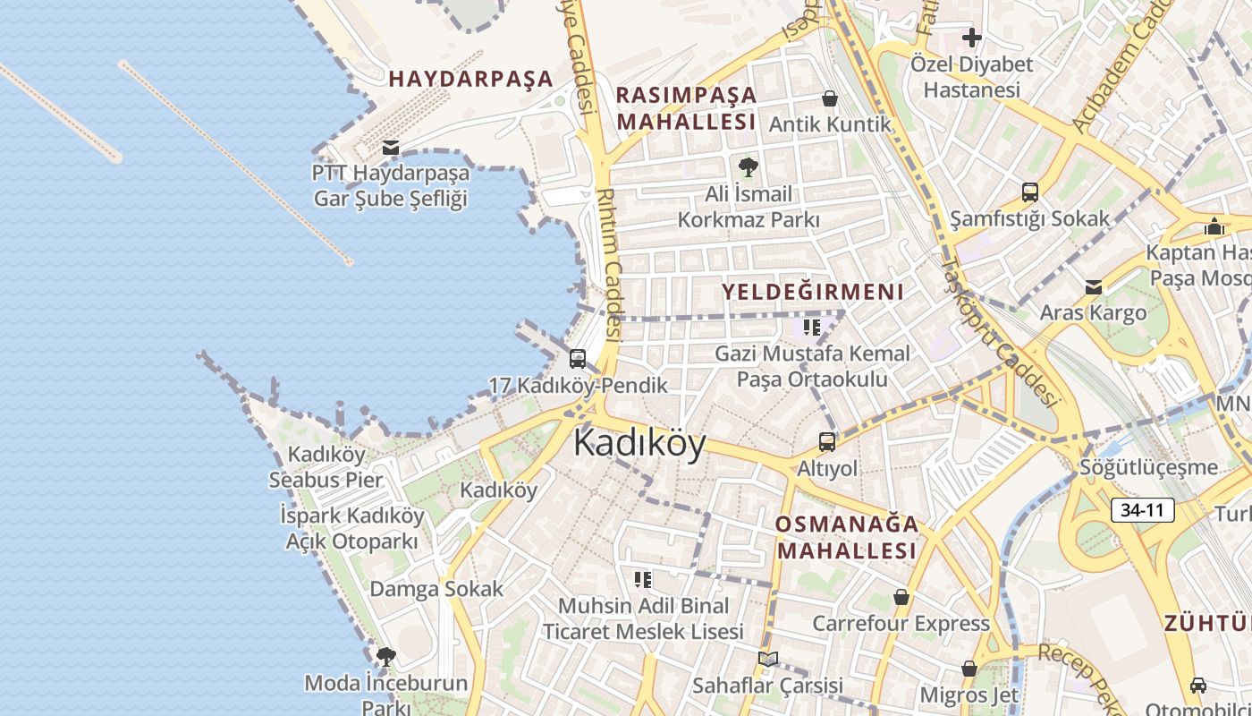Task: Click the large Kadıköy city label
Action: [639, 443]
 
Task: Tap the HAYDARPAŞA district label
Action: [471, 79]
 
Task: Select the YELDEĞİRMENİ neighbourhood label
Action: [813, 292]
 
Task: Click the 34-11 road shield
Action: [1142, 511]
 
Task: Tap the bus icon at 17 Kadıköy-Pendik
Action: [578, 359]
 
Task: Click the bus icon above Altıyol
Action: [827, 441]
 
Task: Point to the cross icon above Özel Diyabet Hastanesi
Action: [971, 38]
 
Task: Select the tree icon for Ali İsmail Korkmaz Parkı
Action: [748, 166]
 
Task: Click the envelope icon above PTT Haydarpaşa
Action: [391, 147]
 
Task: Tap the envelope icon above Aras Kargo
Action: [1093, 287]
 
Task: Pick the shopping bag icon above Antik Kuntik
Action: [830, 98]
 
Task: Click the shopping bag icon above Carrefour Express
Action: [901, 597]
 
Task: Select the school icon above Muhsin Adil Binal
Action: [642, 580]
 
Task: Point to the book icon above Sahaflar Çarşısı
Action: [767, 660]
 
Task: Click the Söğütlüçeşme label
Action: [1148, 467]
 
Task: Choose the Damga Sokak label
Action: [436, 589]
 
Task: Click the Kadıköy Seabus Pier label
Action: [326, 466]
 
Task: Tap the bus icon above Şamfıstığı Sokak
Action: [1029, 192]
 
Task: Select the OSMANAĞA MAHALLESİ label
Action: [847, 537]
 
